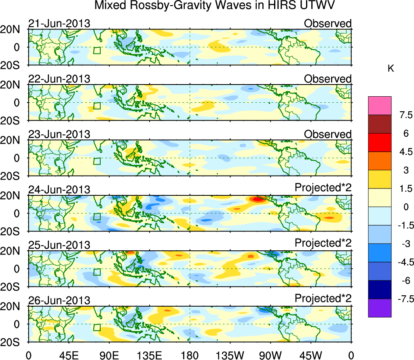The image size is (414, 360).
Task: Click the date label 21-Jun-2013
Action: click(x=59, y=23)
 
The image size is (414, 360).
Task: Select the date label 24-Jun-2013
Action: click(x=59, y=189)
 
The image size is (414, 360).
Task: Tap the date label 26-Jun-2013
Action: click(x=59, y=300)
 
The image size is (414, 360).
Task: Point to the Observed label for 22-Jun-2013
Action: click(x=327, y=79)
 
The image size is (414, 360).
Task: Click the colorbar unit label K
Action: click(x=391, y=69)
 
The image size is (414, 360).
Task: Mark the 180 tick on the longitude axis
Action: click(x=190, y=355)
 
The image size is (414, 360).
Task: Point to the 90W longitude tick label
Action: click(x=270, y=355)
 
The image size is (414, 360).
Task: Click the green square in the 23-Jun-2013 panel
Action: click(x=97, y=161)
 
